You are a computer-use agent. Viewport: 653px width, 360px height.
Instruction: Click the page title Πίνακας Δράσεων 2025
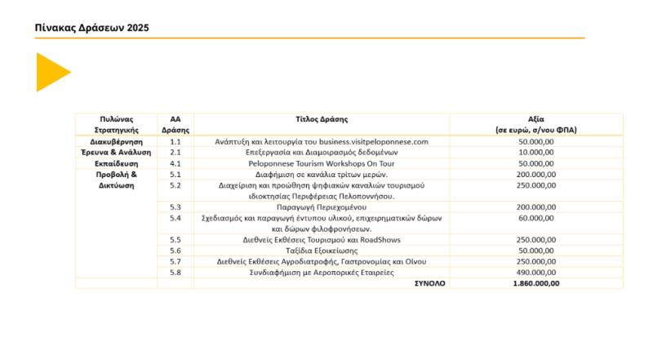click(91, 28)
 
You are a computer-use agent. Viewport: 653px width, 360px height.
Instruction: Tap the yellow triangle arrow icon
click(51, 72)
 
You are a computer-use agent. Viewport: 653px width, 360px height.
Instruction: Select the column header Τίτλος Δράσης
click(322, 118)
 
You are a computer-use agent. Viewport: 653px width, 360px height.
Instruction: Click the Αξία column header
click(536, 123)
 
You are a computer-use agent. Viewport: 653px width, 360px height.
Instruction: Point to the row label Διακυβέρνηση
click(116, 141)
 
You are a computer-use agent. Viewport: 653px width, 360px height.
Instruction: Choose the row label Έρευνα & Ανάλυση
click(116, 152)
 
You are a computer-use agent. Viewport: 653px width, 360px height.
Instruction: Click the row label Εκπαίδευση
click(116, 163)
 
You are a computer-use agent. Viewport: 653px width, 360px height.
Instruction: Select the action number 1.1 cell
click(175, 141)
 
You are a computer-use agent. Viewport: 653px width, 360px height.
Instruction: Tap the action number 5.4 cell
click(175, 218)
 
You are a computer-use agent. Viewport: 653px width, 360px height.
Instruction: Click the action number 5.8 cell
click(175, 273)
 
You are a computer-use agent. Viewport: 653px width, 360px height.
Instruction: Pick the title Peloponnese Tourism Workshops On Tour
click(322, 163)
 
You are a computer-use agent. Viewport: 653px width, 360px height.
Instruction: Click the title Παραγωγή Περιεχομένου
click(322, 207)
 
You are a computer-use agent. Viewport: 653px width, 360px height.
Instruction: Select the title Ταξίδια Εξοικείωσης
click(322, 251)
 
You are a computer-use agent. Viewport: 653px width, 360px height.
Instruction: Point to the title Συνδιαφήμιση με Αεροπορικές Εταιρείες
click(322, 273)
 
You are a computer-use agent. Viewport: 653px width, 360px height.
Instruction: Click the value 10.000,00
click(536, 152)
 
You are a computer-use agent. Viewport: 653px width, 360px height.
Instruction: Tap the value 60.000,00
click(536, 218)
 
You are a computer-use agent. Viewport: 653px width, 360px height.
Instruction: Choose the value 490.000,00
click(536, 273)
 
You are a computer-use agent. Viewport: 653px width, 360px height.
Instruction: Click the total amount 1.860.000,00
click(536, 283)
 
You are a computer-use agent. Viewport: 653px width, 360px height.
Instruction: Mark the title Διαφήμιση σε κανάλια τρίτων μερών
click(322, 174)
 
